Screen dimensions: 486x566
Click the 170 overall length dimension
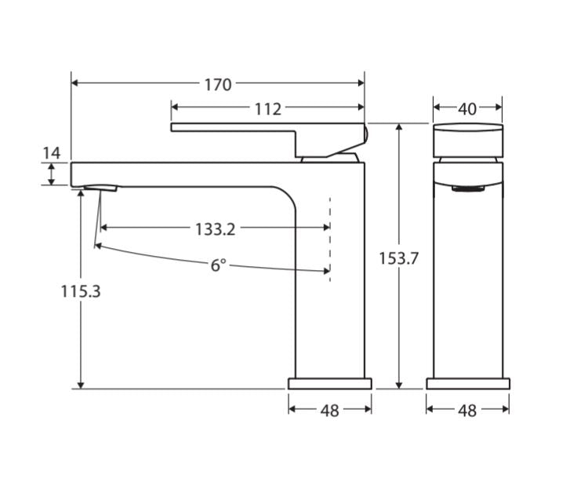pyautogui.click(x=218, y=84)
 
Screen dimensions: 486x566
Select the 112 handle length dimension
pyautogui.click(x=267, y=108)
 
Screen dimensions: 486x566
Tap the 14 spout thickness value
pyautogui.click(x=51, y=152)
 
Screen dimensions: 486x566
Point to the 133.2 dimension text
pyautogui.click(x=215, y=228)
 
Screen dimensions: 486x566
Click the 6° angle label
pyautogui.click(x=218, y=265)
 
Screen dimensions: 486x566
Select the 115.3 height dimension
pyautogui.click(x=81, y=291)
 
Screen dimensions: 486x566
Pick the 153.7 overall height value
pyautogui.click(x=399, y=258)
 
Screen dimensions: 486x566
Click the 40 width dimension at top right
pyautogui.click(x=467, y=108)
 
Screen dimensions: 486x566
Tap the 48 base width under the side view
pyautogui.click(x=330, y=410)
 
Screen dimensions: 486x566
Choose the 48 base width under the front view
pyautogui.click(x=467, y=410)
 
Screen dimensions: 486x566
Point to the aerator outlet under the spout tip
pyautogui.click(x=100, y=188)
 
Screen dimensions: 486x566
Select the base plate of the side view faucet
pyautogui.click(x=330, y=384)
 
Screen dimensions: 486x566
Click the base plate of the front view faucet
pyautogui.click(x=467, y=384)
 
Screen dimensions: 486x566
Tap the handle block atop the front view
pyautogui.click(x=468, y=139)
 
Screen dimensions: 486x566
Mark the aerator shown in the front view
pyautogui.click(x=468, y=188)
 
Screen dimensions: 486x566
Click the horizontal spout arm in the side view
pyautogui.click(x=180, y=174)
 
